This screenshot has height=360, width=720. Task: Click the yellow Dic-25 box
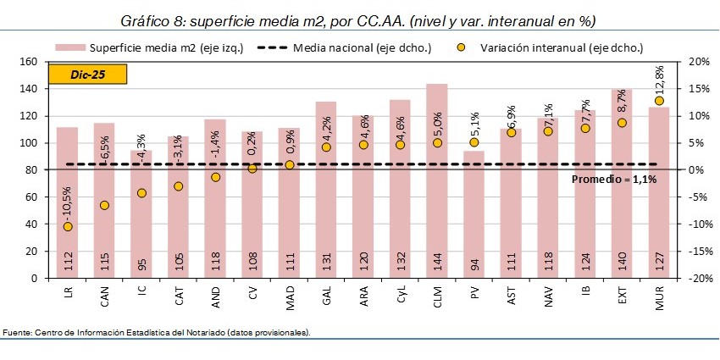point(86,74)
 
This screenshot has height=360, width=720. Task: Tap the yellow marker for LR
point(67,226)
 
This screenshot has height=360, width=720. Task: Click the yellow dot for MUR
point(659,101)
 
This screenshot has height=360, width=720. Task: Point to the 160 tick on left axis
point(29,62)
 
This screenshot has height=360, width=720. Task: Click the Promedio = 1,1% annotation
point(614,179)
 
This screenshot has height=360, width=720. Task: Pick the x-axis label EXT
point(623,296)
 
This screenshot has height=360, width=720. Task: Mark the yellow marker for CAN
point(104,205)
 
